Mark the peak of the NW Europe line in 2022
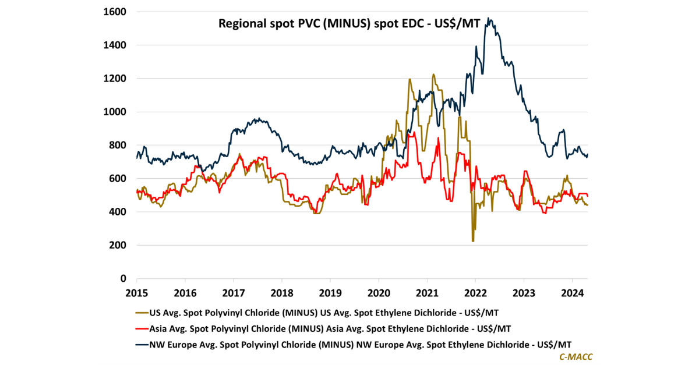(489, 19)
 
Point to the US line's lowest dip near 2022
(473, 241)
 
